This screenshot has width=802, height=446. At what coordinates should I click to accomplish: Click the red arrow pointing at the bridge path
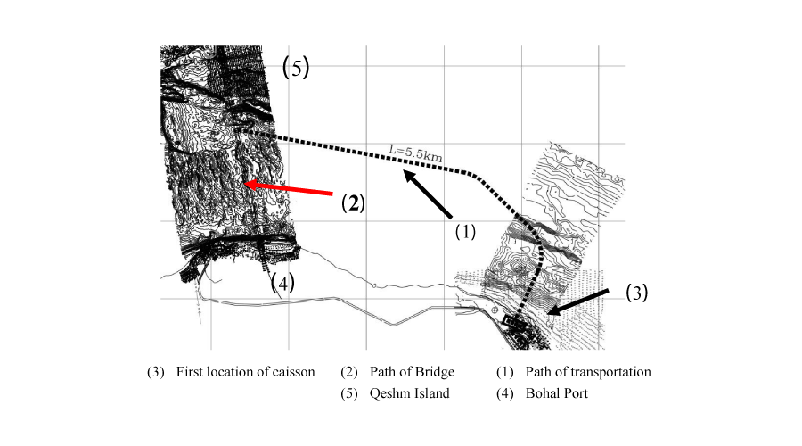[x=289, y=188]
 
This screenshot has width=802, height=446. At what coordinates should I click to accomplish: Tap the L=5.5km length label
[x=415, y=153]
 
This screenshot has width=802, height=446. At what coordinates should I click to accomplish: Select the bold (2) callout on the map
[x=353, y=203]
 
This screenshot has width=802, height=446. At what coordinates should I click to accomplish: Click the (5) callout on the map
[x=296, y=67]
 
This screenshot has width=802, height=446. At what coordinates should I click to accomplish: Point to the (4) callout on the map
[x=282, y=282]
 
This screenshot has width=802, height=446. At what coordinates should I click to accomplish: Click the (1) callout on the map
[x=465, y=232]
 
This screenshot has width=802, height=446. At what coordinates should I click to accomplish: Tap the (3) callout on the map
[x=637, y=293]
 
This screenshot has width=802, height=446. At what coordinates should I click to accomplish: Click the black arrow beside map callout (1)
[x=429, y=195]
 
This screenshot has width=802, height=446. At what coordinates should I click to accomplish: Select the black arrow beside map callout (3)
[x=578, y=301]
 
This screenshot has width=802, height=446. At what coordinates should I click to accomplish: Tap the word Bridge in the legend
[x=437, y=372]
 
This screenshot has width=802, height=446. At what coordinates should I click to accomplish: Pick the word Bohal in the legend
[x=542, y=393]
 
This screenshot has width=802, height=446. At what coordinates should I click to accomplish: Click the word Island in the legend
[x=433, y=393]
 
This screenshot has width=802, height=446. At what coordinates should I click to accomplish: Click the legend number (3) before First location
[x=156, y=372]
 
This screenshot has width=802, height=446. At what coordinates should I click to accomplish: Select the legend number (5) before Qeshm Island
[x=349, y=393]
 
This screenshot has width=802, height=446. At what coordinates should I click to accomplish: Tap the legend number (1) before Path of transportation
[x=505, y=372]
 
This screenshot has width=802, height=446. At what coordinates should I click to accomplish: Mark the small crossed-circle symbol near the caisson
[x=495, y=310]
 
